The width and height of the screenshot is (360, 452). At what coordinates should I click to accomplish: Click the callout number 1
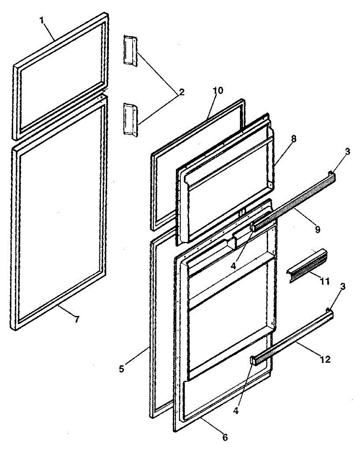point(43,21)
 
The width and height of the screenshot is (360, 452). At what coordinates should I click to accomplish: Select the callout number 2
point(182,92)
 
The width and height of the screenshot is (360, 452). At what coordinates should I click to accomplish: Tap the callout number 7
point(76,319)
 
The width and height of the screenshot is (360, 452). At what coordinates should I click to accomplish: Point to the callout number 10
point(218,90)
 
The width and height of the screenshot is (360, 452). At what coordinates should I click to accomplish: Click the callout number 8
point(293,139)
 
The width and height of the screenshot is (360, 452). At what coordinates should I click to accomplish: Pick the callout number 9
point(317,229)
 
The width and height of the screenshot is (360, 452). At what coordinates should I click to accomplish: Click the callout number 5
point(121,369)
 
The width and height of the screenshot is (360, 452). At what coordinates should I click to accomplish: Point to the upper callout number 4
point(234,265)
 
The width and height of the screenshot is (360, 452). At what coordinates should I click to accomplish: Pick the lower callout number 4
point(236,411)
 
